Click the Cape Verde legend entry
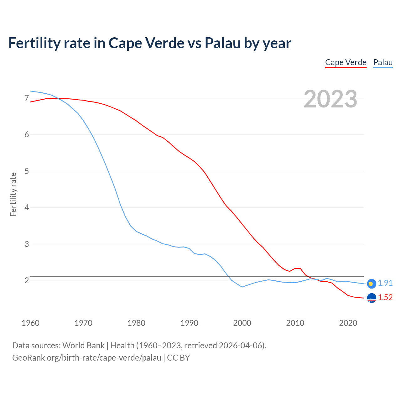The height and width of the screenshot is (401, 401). point(346,62)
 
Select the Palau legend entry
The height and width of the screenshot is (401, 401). point(383,62)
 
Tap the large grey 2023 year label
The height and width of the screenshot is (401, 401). point(331,99)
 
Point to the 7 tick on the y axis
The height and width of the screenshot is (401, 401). point(27,98)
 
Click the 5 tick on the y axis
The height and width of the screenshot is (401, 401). point(27,171)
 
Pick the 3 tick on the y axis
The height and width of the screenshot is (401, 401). point(27,244)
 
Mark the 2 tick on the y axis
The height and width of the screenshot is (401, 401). point(27,280)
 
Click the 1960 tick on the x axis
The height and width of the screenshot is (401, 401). point(30,323)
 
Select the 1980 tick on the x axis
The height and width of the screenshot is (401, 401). point(136,323)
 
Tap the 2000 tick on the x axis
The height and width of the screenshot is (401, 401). point(242,323)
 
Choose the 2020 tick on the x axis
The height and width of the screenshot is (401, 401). point(348,323)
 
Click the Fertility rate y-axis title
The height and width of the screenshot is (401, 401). point(13,194)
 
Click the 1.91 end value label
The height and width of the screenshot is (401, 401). point(385,283)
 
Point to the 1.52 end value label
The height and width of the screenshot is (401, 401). point(385,297)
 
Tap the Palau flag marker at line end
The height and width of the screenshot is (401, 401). point(371,284)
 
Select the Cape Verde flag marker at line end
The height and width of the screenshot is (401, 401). point(371,298)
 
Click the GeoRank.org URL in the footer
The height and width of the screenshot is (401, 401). point(86,357)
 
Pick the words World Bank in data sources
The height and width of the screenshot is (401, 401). point(83,345)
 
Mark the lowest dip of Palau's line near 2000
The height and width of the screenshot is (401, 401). point(242,287)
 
